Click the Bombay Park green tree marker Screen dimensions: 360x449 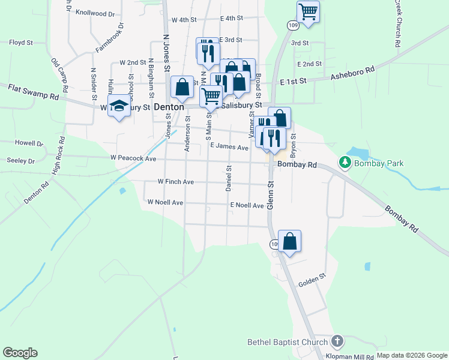[x=345, y=163]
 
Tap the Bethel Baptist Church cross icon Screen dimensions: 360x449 [x=337, y=342]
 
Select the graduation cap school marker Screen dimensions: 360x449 [x=119, y=106]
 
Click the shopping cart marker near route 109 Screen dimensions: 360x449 [x=307, y=11]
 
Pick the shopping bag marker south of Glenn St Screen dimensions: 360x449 [x=289, y=241]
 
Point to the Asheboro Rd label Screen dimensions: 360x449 [x=353, y=73]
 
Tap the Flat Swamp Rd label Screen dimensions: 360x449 [x=34, y=92]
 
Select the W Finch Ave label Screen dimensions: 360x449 [x=175, y=181]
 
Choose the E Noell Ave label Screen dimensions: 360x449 [x=247, y=205]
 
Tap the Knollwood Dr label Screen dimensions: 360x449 [x=95, y=13]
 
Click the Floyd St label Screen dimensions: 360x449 [x=20, y=43]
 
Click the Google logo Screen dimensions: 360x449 [x=20, y=353]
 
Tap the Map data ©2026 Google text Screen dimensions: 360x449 [x=411, y=355]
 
